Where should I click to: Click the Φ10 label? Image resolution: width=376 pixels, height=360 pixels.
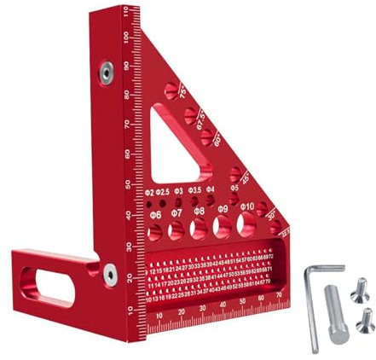(247, 207)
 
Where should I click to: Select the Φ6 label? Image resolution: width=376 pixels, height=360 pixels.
(156, 213)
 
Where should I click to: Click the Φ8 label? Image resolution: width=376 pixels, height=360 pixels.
(199, 210)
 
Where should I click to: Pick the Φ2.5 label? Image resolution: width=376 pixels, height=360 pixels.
(163, 192)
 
